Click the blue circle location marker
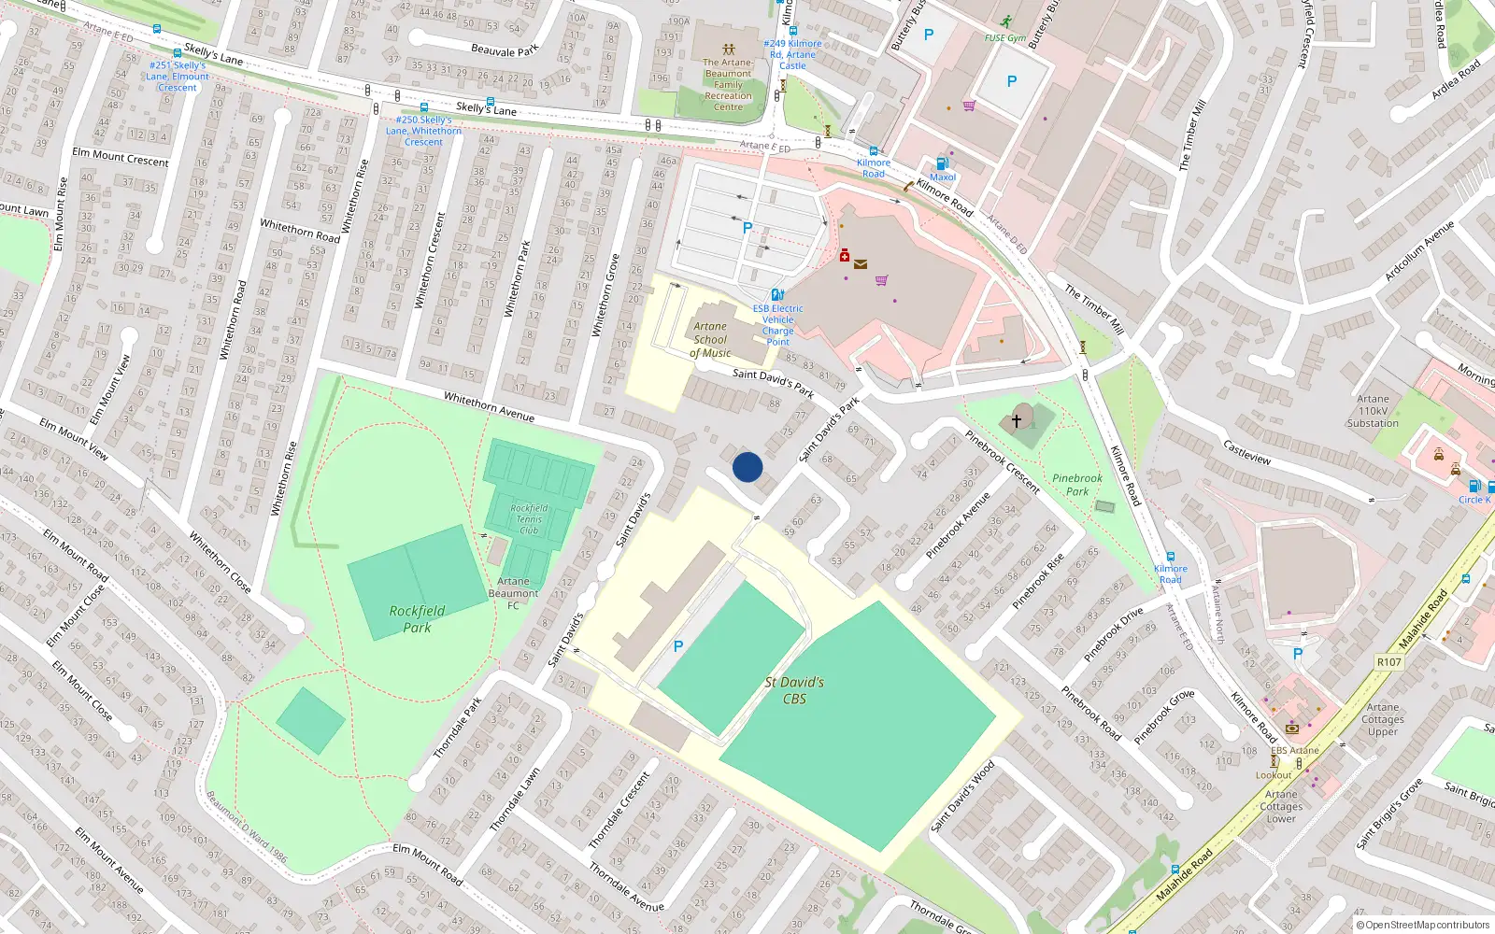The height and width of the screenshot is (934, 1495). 747,467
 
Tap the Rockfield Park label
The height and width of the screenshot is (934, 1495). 417,619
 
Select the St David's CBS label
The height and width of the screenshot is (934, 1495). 794,690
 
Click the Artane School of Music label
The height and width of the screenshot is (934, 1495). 710,340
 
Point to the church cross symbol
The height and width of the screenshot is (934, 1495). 1017,421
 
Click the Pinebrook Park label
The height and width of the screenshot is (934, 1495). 1077,485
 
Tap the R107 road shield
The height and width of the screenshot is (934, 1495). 1389,662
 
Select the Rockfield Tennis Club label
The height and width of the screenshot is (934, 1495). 529,519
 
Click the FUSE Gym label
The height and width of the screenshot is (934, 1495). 1004,38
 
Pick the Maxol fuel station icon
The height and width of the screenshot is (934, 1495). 942,163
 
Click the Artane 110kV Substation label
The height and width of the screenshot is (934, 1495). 1373,411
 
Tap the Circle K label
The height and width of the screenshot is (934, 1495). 1474,500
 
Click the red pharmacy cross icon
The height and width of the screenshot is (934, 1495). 845,255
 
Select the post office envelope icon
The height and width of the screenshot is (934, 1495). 861,264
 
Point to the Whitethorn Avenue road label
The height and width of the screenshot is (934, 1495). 489,407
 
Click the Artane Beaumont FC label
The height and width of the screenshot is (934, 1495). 513,593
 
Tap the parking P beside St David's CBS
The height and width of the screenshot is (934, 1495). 678,646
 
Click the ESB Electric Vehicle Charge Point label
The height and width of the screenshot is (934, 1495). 777,325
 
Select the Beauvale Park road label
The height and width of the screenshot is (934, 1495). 505,50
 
